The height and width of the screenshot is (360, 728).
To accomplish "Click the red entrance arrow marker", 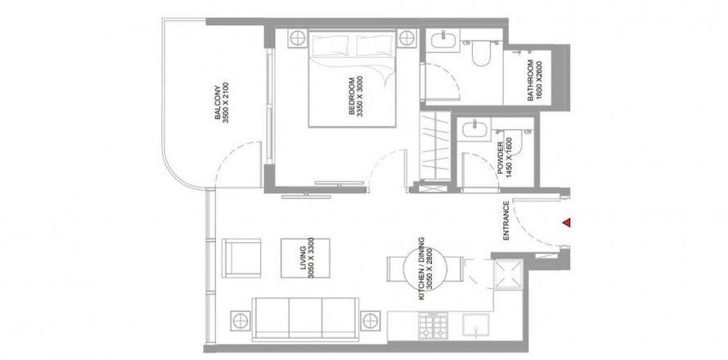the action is (x=566, y=223).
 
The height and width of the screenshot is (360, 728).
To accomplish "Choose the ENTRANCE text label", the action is (x=506, y=221).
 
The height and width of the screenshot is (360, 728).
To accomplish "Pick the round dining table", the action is (x=425, y=269).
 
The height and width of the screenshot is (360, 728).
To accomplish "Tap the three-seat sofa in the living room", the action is (x=305, y=319).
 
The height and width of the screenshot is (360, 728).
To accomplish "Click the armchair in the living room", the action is (x=241, y=259).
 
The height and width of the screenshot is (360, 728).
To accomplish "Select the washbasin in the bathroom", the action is (x=443, y=40).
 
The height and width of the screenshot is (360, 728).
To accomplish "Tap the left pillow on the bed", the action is (x=330, y=45).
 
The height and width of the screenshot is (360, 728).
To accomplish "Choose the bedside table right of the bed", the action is (x=407, y=38).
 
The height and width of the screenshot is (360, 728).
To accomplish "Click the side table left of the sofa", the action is (x=240, y=321).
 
